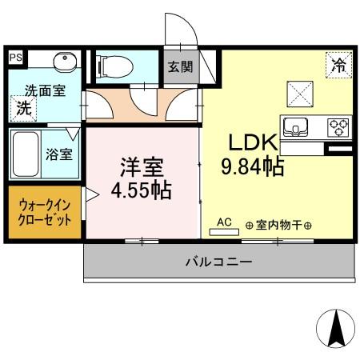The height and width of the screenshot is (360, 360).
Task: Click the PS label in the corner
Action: (14, 58)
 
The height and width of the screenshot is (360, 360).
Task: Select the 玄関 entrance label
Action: (180, 67)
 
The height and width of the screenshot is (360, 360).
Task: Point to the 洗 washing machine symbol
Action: (25, 109)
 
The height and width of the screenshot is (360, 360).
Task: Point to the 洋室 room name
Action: (142, 168)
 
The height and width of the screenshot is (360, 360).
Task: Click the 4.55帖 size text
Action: (142, 192)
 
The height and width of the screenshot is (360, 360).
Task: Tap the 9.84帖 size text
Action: (253, 167)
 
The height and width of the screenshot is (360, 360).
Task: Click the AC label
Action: (224, 222)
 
